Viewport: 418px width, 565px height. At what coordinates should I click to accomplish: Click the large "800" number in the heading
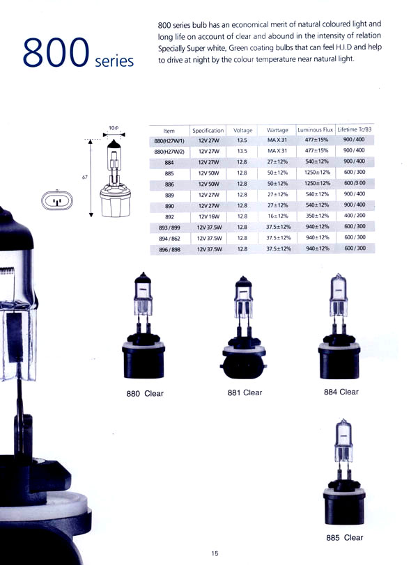tap(56, 53)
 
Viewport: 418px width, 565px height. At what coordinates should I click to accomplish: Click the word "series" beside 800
tap(114, 61)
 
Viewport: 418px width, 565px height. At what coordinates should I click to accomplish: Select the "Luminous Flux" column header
tap(315, 129)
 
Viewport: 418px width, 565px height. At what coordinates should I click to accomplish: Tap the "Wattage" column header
tap(277, 130)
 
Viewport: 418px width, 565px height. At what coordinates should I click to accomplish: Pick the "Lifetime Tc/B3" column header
tap(354, 129)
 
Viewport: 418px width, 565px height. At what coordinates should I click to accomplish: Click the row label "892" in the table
tap(169, 217)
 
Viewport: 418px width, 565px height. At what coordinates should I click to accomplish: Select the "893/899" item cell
tap(169, 228)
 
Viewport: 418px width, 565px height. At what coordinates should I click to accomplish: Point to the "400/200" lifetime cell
tap(355, 216)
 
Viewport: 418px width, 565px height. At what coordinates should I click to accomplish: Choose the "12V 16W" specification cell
tap(209, 216)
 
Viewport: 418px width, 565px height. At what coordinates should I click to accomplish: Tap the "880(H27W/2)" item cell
tap(169, 152)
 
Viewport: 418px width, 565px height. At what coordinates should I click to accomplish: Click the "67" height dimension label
tap(85, 177)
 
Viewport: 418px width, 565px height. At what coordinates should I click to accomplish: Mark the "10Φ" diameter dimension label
tap(114, 128)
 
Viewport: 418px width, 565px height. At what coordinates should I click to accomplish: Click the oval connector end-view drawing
tap(57, 200)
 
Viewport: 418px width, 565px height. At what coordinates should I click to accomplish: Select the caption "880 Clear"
tap(145, 394)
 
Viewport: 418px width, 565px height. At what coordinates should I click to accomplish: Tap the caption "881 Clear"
tap(245, 392)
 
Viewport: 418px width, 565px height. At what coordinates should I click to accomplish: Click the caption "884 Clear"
tap(341, 392)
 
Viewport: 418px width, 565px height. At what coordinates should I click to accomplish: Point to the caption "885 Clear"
tap(344, 538)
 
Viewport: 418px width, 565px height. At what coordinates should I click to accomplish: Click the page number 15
tap(215, 553)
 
